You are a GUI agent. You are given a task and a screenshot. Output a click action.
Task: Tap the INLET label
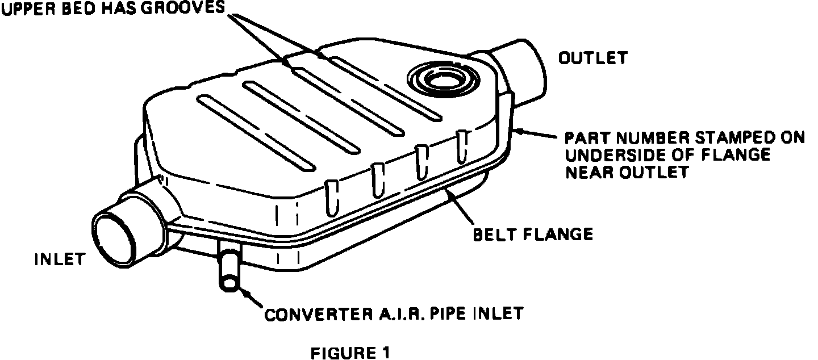coord(60,259)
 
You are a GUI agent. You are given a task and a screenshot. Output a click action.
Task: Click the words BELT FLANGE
coord(533,233)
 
